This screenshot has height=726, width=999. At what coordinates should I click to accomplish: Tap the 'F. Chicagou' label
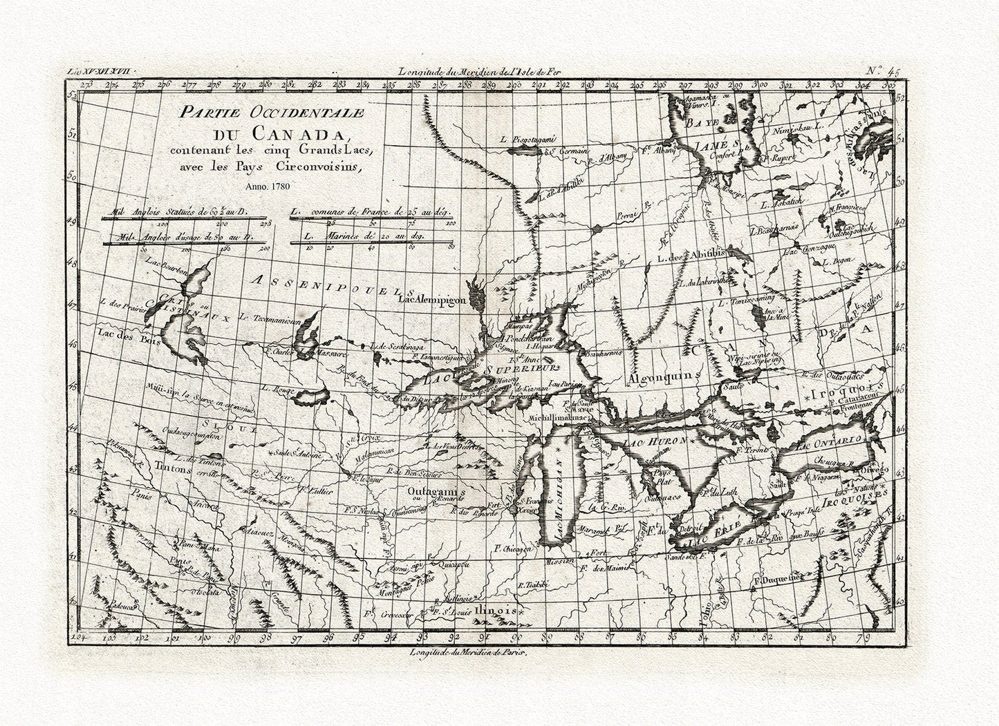coord(512,548)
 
